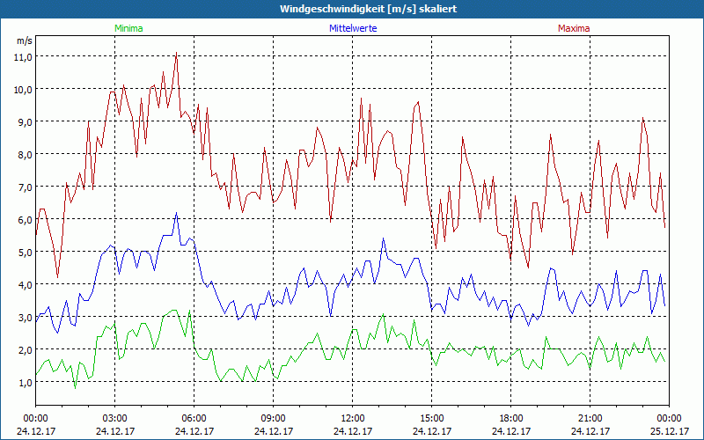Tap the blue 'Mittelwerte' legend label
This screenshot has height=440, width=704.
353,28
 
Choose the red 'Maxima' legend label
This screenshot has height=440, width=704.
574,28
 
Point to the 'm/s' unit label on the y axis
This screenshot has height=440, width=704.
25,40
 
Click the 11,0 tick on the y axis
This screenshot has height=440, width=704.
22,56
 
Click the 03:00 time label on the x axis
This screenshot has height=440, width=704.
114,417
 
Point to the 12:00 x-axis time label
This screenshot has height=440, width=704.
352,417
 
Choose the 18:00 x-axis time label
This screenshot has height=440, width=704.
510,417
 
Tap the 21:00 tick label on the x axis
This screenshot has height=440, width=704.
590,417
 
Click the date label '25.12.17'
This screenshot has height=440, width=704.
669,431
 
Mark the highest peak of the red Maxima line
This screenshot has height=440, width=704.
177,53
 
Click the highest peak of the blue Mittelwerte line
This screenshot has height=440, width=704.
177,213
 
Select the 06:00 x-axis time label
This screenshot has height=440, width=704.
194,417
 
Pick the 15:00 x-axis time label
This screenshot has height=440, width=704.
431,417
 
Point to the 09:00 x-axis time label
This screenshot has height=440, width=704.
273,417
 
